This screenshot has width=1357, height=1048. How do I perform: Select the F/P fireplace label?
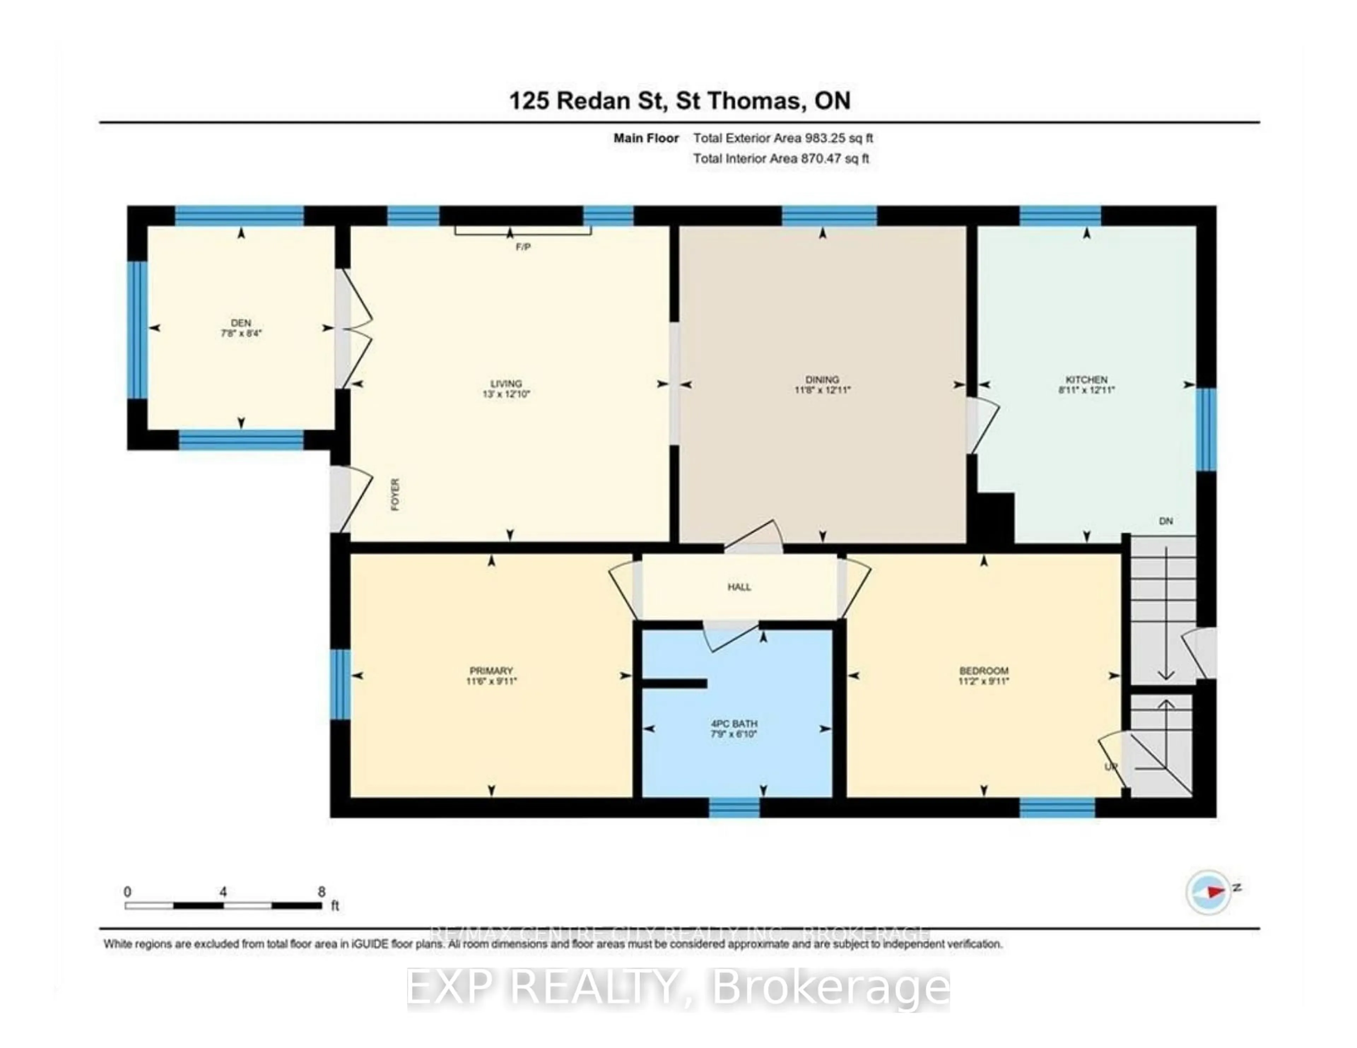point(523,247)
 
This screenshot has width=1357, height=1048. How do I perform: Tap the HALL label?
point(739,587)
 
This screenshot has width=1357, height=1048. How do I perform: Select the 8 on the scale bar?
point(321,891)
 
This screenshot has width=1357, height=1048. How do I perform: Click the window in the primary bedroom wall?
point(340,684)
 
